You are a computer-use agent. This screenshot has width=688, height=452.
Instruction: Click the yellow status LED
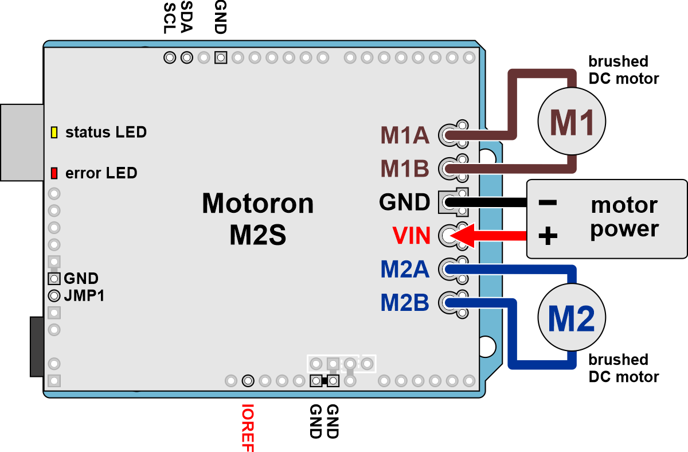tap(54, 133)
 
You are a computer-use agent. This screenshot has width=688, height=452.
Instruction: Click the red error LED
tap(54, 173)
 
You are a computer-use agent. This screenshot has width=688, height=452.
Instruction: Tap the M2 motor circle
tap(571, 319)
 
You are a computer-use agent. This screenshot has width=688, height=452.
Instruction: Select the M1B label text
tap(405, 169)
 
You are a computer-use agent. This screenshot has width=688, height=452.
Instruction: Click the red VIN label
tap(411, 235)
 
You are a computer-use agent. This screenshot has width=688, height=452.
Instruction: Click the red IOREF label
tap(248, 428)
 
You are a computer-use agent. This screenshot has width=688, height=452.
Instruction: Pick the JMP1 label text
tap(85, 297)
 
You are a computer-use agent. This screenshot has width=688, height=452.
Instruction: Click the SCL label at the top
tap(170, 18)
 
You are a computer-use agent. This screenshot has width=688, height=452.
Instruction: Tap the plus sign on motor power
tap(548, 236)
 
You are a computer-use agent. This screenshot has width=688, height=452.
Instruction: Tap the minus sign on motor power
tap(548, 202)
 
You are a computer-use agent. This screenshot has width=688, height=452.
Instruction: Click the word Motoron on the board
tap(258, 204)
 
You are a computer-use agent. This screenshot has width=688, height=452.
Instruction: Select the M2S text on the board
tap(258, 235)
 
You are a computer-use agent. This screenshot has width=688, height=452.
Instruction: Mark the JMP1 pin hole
tap(54, 296)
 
